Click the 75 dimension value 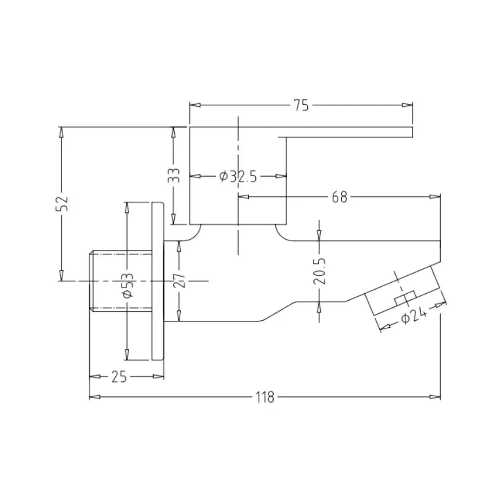(x=301, y=106)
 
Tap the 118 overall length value (x=265, y=397)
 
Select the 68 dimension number (x=339, y=197)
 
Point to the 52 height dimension (x=62, y=203)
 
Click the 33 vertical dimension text (x=174, y=175)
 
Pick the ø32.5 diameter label (x=238, y=176)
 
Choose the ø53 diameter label (x=127, y=285)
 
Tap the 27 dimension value (x=179, y=280)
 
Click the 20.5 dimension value (x=319, y=271)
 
